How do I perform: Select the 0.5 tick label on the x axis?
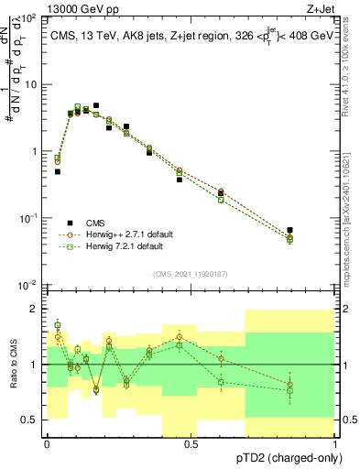coord(191,444)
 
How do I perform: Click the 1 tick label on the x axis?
coord(335,444)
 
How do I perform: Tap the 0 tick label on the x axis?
coord(47,444)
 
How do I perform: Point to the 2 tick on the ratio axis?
coord(34,309)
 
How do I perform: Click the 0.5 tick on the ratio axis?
coord(30,420)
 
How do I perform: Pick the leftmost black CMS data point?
coord(57,171)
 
